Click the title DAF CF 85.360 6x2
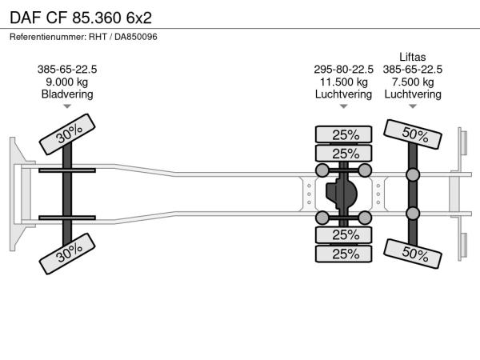(x=81, y=18)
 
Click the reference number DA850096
(x=136, y=37)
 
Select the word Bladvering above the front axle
(x=67, y=94)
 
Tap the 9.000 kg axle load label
(x=67, y=82)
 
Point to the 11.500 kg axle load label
(x=343, y=82)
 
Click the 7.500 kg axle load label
(x=413, y=82)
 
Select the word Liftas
(x=413, y=57)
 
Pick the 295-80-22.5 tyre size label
(x=343, y=69)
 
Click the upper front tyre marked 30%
(x=67, y=134)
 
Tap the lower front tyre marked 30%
(x=67, y=254)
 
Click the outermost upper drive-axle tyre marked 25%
(x=343, y=134)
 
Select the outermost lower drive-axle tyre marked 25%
(x=343, y=254)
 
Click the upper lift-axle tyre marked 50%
(x=413, y=134)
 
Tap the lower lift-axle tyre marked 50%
(x=413, y=254)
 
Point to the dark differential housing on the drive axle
(x=342, y=194)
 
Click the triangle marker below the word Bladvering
(x=67, y=106)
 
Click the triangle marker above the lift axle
(x=413, y=106)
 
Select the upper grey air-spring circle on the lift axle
(x=413, y=174)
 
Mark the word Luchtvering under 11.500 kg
(x=343, y=94)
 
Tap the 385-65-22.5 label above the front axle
(x=67, y=69)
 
